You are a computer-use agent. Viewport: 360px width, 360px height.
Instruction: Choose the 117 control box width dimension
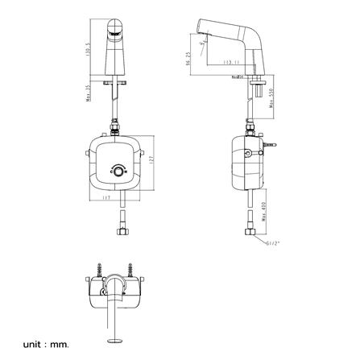pos(108,200)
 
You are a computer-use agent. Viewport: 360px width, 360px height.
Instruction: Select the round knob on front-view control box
pos(118,172)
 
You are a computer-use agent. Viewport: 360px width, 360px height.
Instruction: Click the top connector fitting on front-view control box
pos(118,126)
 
